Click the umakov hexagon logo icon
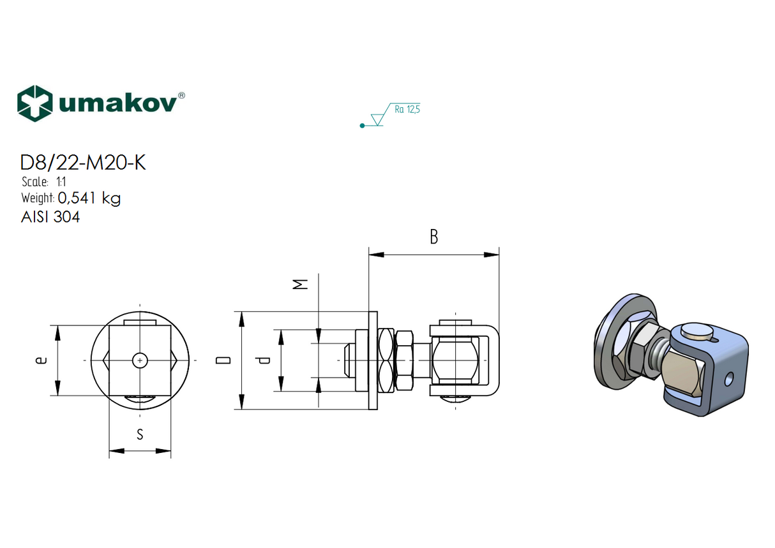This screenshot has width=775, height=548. click(x=34, y=103)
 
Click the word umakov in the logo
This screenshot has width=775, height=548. click(x=117, y=104)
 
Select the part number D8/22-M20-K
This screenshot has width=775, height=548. click(x=83, y=163)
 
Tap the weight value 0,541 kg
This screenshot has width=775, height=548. click(x=89, y=198)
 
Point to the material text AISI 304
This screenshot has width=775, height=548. click(x=50, y=217)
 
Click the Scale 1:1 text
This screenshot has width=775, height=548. click(x=44, y=182)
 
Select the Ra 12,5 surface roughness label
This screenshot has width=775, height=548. click(x=407, y=110)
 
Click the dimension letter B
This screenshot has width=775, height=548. click(x=433, y=237)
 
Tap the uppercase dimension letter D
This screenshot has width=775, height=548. click(x=223, y=361)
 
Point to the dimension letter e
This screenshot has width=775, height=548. click(x=40, y=361)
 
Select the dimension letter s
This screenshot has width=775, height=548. click(x=140, y=435)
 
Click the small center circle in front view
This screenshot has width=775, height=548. click(x=140, y=361)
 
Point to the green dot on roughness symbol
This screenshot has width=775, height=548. click(x=362, y=126)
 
